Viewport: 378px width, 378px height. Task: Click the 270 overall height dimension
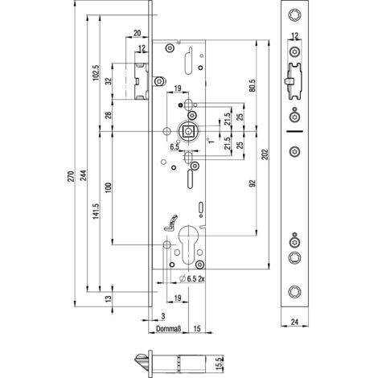point(71,176)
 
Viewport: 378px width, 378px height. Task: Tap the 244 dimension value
point(84,175)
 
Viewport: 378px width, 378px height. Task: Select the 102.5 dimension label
point(96,72)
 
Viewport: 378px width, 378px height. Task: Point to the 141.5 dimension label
point(96,211)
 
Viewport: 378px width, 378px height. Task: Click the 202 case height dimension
point(265,154)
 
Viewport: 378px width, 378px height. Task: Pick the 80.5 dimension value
point(253,85)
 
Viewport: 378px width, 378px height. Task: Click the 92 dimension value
point(253,183)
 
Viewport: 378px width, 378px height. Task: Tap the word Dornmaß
point(169,329)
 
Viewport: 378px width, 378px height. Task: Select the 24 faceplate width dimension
point(294,322)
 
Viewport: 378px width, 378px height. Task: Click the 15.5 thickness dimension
point(219,364)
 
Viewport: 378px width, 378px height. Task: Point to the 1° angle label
point(212,140)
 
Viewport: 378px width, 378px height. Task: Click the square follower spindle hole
point(187,131)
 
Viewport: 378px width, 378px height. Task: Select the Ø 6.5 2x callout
point(192,279)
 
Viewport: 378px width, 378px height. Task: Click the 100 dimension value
point(108,188)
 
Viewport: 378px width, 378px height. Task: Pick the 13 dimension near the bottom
point(108,299)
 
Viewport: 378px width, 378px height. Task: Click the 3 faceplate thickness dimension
point(163,316)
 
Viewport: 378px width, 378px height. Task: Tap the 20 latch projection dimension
point(137,33)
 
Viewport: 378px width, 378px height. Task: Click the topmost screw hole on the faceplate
point(295,14)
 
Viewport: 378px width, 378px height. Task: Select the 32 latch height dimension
point(108,81)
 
